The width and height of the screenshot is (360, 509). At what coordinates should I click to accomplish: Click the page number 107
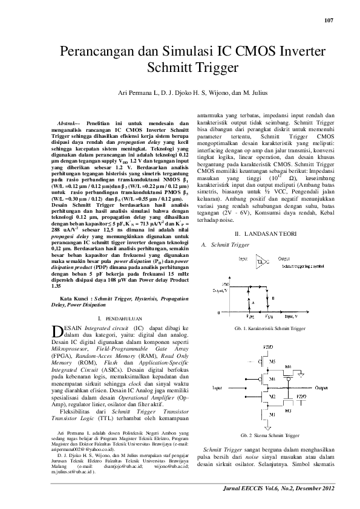pyautogui.click(x=329, y=21)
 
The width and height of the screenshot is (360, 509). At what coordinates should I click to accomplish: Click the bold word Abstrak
pyautogui.click(x=59, y=123)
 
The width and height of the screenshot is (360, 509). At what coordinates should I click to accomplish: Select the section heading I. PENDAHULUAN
pyautogui.click(x=120, y=317)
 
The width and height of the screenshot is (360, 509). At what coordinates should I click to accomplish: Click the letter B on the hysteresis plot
pyautogui.click(x=273, y=297)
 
